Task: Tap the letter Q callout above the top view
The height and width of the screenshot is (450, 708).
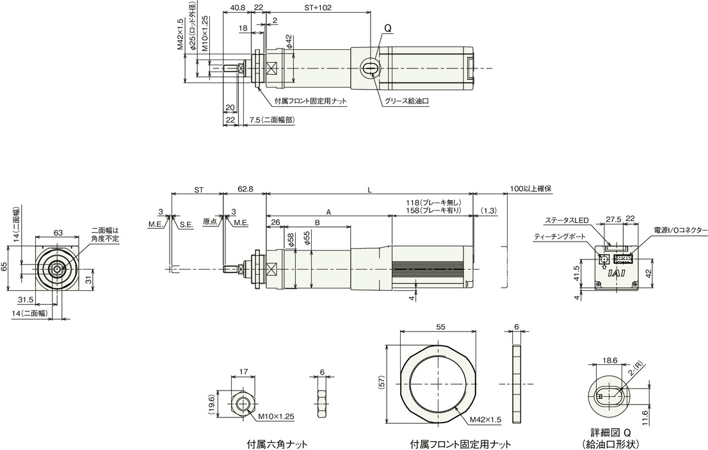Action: [389, 28]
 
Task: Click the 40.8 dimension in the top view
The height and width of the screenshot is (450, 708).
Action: [237, 8]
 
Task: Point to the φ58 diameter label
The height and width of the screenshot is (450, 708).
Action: [290, 240]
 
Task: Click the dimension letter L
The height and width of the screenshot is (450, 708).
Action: [369, 190]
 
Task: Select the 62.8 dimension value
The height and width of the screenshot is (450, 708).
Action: [245, 190]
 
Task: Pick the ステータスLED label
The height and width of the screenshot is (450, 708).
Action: [567, 220]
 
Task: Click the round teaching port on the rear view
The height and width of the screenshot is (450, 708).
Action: [603, 260]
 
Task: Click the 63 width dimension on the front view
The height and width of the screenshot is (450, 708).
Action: [58, 233]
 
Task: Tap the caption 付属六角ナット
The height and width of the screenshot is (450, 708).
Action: [277, 444]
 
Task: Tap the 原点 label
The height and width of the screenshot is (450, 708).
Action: [210, 221]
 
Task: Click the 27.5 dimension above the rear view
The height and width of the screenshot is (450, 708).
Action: [613, 219]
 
